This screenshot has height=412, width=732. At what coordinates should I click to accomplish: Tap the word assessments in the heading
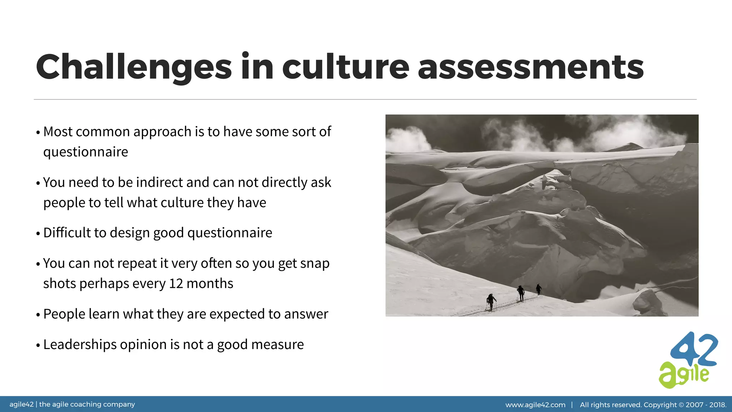(530, 67)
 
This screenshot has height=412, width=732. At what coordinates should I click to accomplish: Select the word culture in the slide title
(346, 67)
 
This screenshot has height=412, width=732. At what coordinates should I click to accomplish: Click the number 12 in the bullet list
(176, 284)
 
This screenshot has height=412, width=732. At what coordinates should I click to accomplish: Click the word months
(210, 284)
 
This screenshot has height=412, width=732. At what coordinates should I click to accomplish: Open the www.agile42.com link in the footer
(535, 405)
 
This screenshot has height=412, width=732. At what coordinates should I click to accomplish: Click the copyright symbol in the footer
(681, 405)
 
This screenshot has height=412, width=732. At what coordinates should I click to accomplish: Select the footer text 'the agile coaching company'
(87, 404)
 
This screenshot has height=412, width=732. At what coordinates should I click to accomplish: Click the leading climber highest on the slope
(538, 289)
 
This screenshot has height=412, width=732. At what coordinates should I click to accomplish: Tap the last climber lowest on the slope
(491, 301)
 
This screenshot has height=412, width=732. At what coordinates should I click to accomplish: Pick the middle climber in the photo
(521, 293)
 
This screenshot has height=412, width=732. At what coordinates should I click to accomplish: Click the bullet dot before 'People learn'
(38, 315)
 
